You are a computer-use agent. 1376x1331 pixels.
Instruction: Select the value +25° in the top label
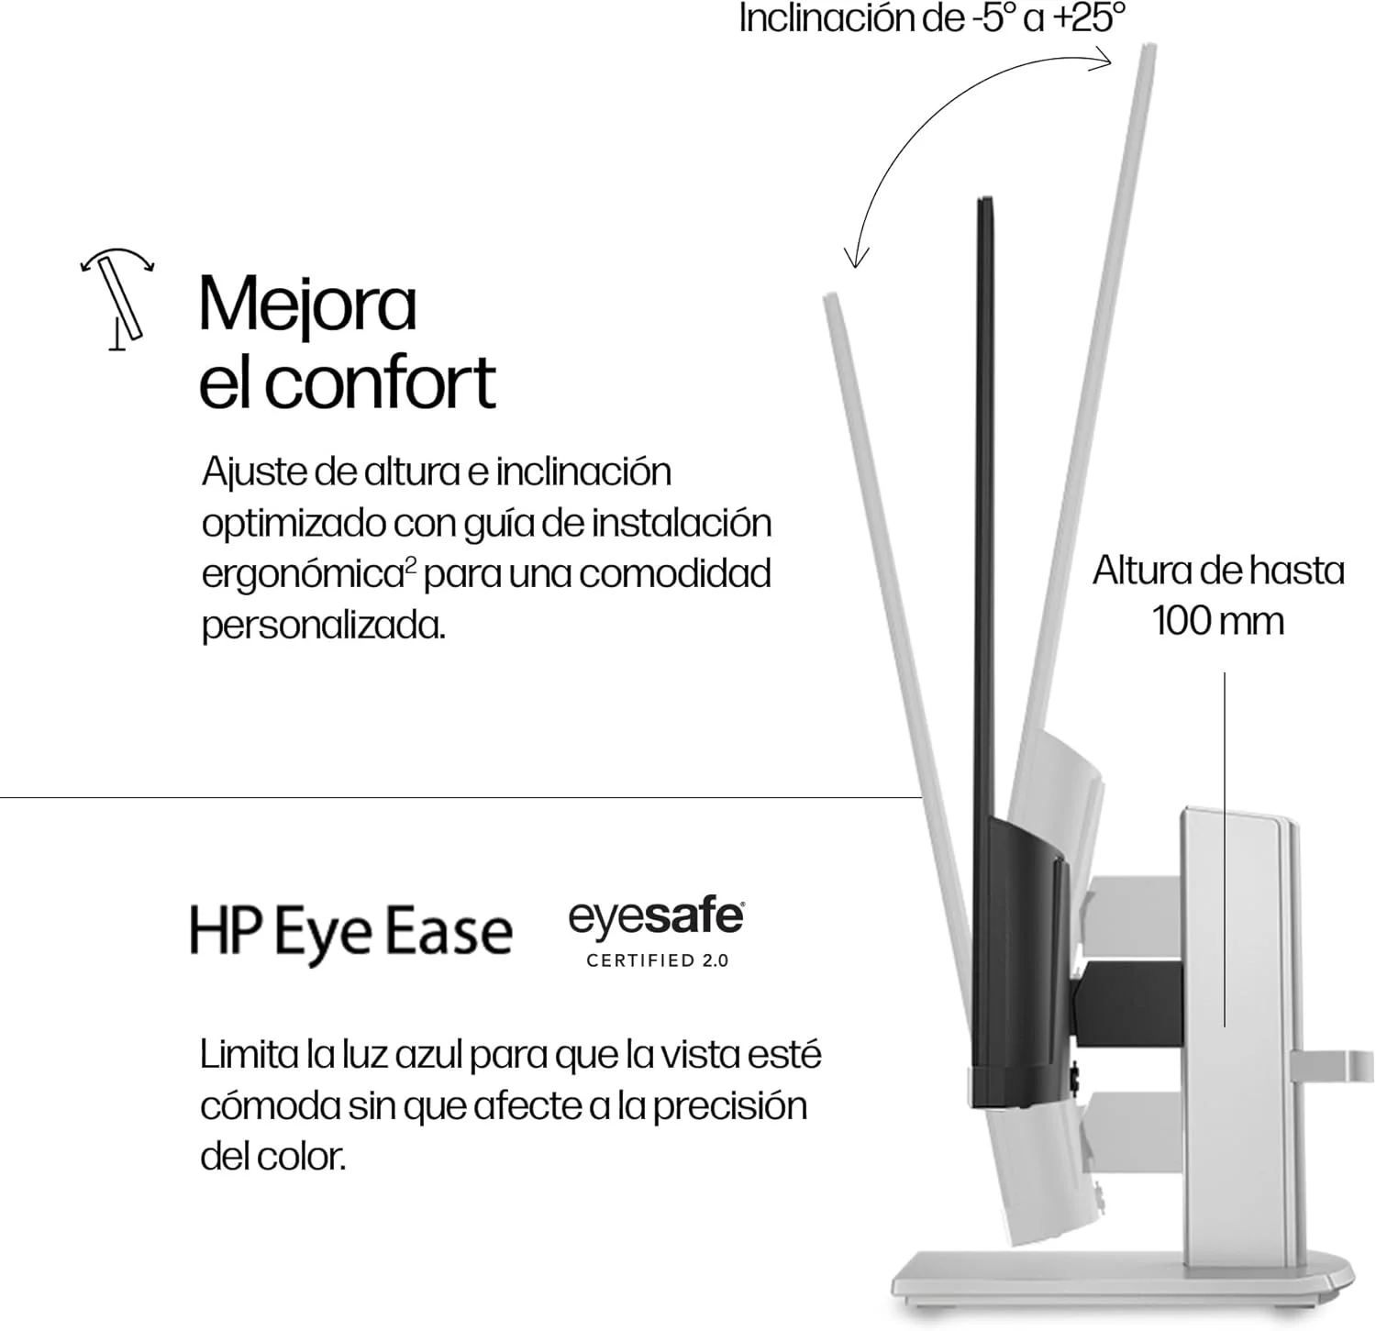click(x=1089, y=18)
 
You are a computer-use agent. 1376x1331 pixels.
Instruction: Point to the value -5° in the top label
click(x=991, y=18)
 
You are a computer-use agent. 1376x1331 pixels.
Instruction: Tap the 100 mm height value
click(x=1218, y=621)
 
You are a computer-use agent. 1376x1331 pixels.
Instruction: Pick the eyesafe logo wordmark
click(x=656, y=918)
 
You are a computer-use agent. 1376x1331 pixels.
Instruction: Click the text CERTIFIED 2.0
click(x=658, y=960)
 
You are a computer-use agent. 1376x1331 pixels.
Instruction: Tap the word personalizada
click(x=323, y=626)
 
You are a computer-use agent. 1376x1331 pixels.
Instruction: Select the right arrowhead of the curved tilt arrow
click(x=1101, y=57)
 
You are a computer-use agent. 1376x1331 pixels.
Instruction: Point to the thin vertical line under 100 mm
click(x=1225, y=849)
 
